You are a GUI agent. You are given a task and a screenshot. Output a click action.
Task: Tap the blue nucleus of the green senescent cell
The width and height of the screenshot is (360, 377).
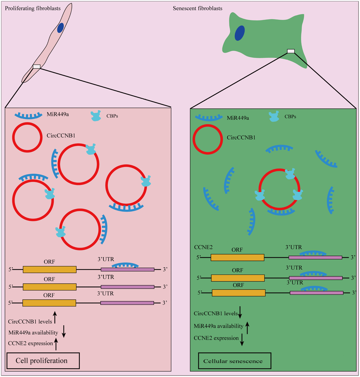click(240, 33)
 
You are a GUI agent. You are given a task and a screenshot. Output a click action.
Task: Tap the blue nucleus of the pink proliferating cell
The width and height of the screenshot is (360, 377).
click(61, 28)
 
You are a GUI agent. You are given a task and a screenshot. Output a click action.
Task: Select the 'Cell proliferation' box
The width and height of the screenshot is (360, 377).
click(42, 360)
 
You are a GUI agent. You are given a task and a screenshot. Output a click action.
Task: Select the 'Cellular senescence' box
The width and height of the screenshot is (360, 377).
click(235, 361)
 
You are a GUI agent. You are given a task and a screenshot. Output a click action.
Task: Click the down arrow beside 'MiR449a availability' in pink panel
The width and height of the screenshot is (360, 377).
click(64, 331)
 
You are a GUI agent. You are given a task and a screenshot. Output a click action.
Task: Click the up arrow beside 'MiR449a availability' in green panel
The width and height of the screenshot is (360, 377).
click(247, 327)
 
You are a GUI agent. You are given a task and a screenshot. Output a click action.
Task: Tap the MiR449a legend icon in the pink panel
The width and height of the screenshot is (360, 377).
click(28, 116)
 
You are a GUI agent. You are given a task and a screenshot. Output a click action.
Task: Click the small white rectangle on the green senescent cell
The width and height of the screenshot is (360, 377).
click(290, 51)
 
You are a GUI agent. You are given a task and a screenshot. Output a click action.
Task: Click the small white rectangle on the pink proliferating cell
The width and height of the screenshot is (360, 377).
click(37, 66)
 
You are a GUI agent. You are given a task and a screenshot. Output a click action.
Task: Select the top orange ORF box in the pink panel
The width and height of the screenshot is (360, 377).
click(49, 269)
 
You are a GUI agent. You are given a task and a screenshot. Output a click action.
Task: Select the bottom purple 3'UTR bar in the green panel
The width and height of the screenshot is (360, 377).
click(316, 293)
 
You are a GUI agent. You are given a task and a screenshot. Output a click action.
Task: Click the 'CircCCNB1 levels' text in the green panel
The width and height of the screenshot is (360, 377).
click(215, 313)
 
